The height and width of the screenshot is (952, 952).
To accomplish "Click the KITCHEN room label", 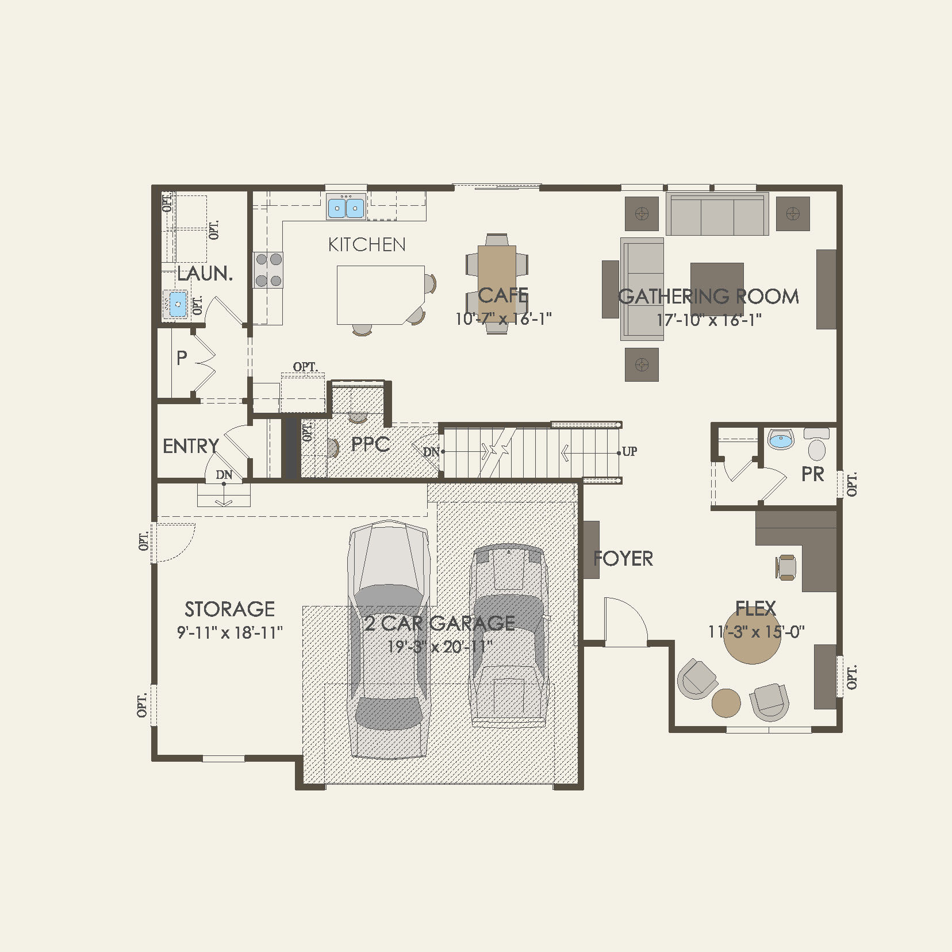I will (367, 245).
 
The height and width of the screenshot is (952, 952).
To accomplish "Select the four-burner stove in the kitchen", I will (268, 270).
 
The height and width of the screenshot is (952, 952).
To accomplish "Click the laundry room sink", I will (177, 304).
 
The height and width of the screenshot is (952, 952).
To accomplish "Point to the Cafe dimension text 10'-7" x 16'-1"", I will (503, 319).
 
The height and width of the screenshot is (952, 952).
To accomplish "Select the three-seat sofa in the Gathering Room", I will (717, 214).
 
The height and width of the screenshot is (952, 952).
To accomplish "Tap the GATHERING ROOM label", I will (708, 297).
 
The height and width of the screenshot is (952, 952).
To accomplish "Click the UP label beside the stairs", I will (629, 451).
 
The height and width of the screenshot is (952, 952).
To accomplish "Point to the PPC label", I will (370, 444).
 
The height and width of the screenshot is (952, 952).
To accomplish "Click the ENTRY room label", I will (190, 446).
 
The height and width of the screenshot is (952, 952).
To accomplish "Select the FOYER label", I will (623, 558).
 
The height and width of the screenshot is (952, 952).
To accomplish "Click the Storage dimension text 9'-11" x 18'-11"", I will (229, 633).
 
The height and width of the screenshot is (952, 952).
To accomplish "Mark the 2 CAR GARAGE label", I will (440, 623).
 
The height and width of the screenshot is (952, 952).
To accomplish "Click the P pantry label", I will (182, 358).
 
